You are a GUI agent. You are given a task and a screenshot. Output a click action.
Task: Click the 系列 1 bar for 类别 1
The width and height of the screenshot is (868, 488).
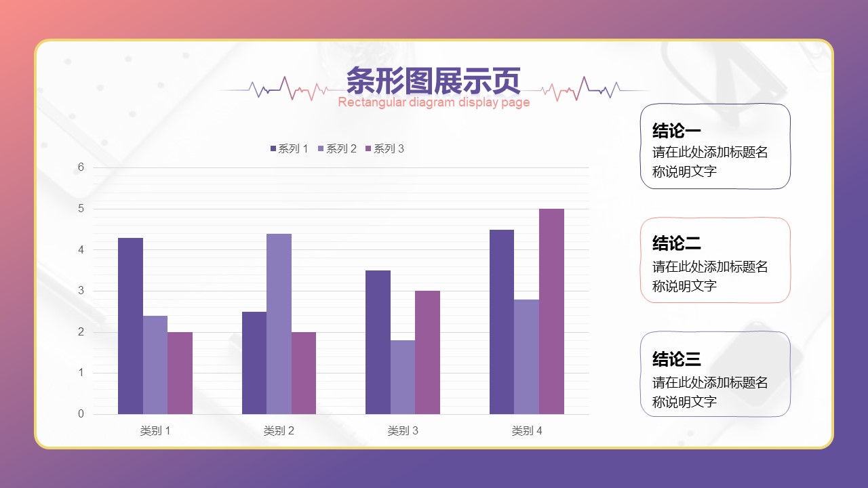[131, 326]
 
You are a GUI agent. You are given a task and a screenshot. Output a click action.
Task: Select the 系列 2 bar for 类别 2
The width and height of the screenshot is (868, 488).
[279, 324]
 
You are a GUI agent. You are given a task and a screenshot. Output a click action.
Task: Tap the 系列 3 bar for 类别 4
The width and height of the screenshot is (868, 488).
[551, 311]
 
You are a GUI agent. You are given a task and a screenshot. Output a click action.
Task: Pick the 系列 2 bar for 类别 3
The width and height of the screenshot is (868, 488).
[403, 378]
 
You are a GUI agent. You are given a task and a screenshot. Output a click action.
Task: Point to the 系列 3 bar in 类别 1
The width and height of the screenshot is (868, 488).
[180, 373]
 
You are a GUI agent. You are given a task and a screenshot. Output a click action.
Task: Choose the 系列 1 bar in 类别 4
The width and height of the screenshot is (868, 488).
[502, 322]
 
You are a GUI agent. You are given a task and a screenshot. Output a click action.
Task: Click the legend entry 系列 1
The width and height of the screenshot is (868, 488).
[289, 148]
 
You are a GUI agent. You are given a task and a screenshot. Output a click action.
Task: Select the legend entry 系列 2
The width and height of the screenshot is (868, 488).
[337, 148]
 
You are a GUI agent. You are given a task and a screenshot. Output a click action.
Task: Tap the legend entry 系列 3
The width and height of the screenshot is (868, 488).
[384, 148]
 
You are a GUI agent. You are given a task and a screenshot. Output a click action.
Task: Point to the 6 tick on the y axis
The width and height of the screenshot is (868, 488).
[81, 167]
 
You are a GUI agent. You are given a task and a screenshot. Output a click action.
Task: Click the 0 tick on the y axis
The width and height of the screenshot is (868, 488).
[81, 414]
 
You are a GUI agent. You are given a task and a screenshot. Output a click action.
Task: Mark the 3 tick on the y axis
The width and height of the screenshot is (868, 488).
[81, 291]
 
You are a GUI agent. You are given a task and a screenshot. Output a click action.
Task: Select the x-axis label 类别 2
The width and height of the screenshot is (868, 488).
[279, 430]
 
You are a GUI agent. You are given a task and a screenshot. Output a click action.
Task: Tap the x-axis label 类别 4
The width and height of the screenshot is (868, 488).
[527, 430]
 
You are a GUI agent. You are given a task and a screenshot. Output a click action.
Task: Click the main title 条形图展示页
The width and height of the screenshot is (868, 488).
[433, 81]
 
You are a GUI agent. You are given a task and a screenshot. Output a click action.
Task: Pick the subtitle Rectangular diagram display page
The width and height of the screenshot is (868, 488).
[433, 102]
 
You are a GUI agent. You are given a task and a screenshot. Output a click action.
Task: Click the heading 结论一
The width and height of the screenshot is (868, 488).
[676, 131]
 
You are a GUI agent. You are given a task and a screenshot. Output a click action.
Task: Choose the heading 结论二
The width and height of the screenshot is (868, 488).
[676, 243]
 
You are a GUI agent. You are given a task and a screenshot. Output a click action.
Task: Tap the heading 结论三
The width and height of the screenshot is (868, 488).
[676, 359]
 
